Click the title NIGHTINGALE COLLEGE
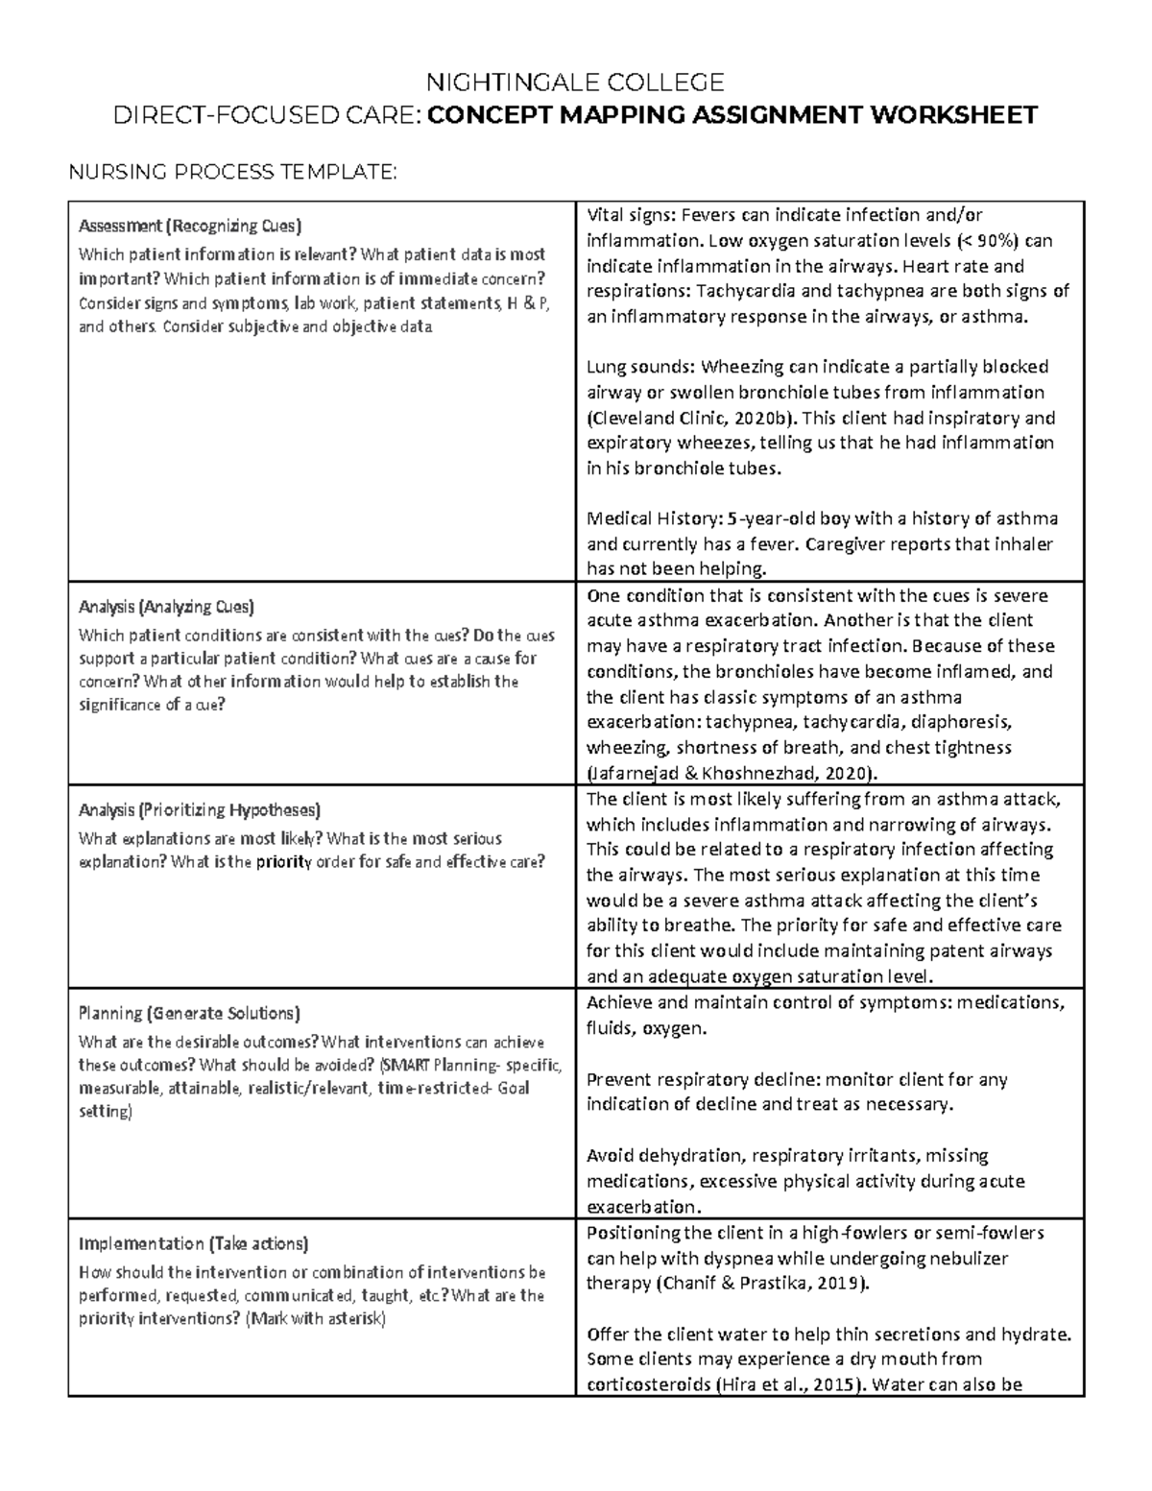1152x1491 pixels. [575, 82]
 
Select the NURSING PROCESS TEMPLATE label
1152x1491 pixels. [229, 172]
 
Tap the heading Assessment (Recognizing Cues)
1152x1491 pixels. [189, 227]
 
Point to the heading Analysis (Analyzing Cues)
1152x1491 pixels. [166, 607]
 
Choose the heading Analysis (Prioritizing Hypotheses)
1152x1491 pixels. [200, 809]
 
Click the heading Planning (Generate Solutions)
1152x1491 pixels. [189, 1013]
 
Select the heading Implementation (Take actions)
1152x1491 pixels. [193, 1243]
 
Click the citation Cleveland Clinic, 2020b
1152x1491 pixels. [691, 418]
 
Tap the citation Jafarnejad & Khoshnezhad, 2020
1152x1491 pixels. [730, 773]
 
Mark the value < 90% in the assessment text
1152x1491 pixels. [994, 240]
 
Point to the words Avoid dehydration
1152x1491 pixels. [664, 1156]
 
